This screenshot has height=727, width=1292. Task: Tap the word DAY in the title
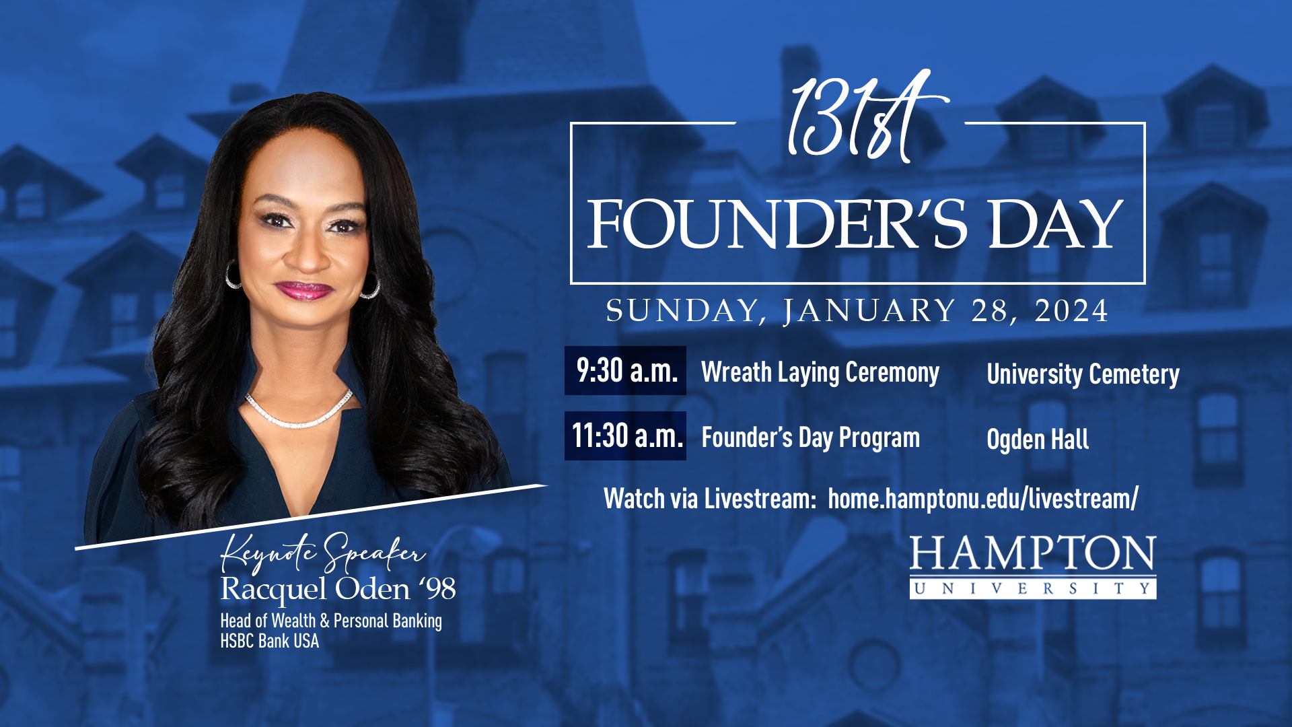pyautogui.click(x=1055, y=224)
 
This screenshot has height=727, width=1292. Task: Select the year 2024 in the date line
pyautogui.click(x=1071, y=311)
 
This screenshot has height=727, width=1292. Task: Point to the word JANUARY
pyautogui.click(x=869, y=312)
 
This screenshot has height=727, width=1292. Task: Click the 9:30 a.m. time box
pyautogui.click(x=625, y=370)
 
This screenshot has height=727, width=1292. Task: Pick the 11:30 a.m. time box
pyautogui.click(x=625, y=436)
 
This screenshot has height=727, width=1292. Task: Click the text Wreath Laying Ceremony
pyautogui.click(x=820, y=372)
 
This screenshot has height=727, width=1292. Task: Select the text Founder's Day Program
pyautogui.click(x=810, y=438)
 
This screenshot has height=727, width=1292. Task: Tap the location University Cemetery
pyautogui.click(x=1083, y=374)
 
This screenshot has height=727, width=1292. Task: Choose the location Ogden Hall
pyautogui.click(x=1038, y=440)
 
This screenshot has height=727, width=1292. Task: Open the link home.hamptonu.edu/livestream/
pyautogui.click(x=983, y=499)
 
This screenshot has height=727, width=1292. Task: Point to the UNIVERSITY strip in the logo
pyautogui.click(x=1033, y=588)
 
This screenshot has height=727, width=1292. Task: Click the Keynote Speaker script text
pyautogui.click(x=323, y=552)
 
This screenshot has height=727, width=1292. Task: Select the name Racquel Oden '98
pyautogui.click(x=338, y=590)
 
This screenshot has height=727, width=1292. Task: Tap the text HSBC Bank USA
pyautogui.click(x=270, y=641)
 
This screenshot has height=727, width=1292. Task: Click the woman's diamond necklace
pyautogui.click(x=299, y=412)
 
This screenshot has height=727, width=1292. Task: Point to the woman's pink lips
pyautogui.click(x=303, y=290)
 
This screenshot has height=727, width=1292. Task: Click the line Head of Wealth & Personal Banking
pyautogui.click(x=331, y=621)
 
